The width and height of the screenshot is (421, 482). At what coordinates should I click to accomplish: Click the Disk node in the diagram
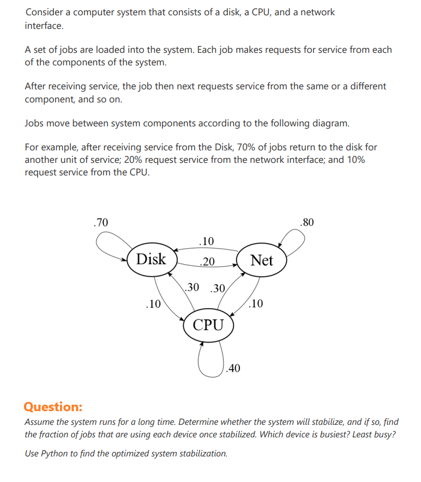coord(151,259)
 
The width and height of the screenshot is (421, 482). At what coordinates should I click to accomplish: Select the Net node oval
coord(261,260)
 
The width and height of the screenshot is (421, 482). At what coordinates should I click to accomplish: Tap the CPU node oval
coord(208,325)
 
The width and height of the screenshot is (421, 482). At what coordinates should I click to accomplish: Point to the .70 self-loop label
coord(101,222)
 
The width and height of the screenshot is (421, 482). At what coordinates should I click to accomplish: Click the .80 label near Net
coord(307,222)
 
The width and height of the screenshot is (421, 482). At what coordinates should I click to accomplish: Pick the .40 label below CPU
coord(233,369)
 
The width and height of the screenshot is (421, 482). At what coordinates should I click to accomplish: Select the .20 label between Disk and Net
coord(206,262)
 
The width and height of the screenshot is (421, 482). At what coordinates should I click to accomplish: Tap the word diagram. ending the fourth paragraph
coord(329,123)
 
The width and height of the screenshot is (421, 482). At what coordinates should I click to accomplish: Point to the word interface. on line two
coord(44,25)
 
